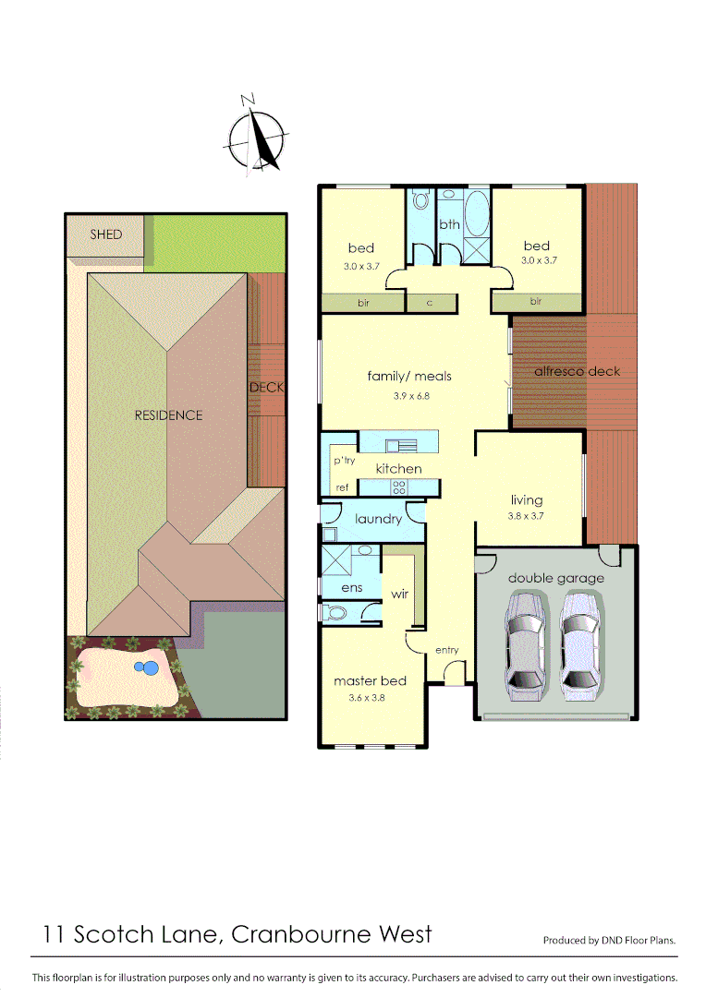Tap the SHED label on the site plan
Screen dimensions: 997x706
point(105,234)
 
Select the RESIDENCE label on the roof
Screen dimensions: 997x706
point(168,415)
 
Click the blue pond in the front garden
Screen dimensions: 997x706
point(144,667)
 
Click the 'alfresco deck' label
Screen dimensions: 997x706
point(578,371)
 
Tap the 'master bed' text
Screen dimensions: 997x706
point(370,681)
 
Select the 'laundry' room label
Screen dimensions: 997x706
point(378,519)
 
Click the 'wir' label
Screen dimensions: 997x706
point(399,595)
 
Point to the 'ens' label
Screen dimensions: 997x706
point(352,588)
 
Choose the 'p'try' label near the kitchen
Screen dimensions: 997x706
point(344,460)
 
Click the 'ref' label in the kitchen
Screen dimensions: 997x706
point(342,487)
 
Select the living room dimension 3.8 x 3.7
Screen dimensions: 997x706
point(527,516)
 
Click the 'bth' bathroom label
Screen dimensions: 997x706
point(449,224)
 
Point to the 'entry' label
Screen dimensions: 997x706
point(446,651)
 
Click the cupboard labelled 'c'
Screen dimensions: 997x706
point(430,301)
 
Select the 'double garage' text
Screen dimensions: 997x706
point(555,579)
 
